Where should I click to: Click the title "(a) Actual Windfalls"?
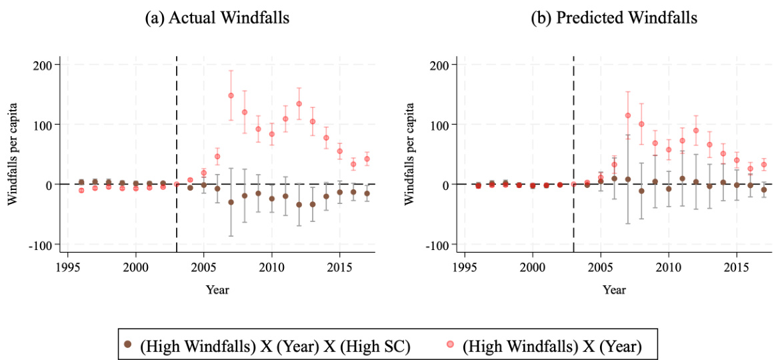217,18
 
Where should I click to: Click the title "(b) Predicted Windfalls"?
613,18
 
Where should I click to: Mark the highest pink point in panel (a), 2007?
231,95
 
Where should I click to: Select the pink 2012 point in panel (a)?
299,104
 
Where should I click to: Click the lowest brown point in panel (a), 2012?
299,205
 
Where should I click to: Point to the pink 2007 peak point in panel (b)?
627,115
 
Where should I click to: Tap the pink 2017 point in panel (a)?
367,159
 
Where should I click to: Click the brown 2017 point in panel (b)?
763,190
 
